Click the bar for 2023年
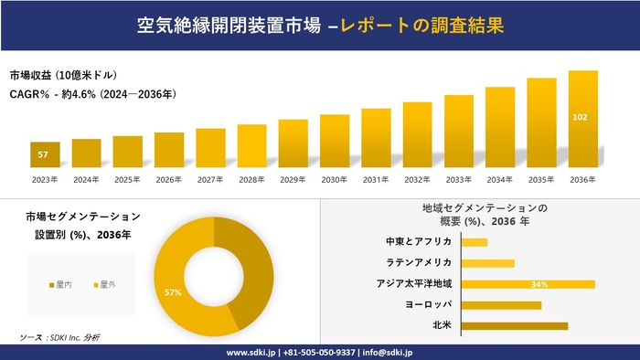point(45,155)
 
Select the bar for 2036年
point(582,119)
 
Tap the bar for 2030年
point(335,142)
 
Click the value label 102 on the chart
point(580,117)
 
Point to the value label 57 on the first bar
point(43,154)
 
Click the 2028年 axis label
point(251,180)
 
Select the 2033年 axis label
point(458,180)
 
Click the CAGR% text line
point(91,94)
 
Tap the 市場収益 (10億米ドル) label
point(64,75)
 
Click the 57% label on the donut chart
point(172,292)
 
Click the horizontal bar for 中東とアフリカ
point(475,242)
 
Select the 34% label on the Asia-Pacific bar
point(539,284)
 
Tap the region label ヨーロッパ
point(428,304)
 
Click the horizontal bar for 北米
point(515,325)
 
